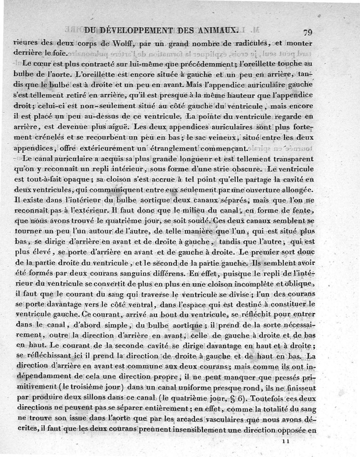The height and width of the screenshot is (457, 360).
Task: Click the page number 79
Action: pos(308,32)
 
